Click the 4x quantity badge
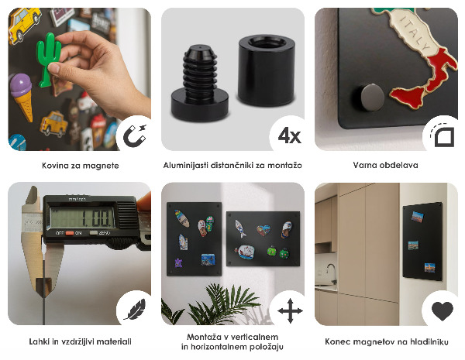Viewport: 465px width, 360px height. [288, 136]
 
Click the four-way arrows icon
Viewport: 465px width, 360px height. [289, 311]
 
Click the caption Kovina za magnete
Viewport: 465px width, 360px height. [80, 165]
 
